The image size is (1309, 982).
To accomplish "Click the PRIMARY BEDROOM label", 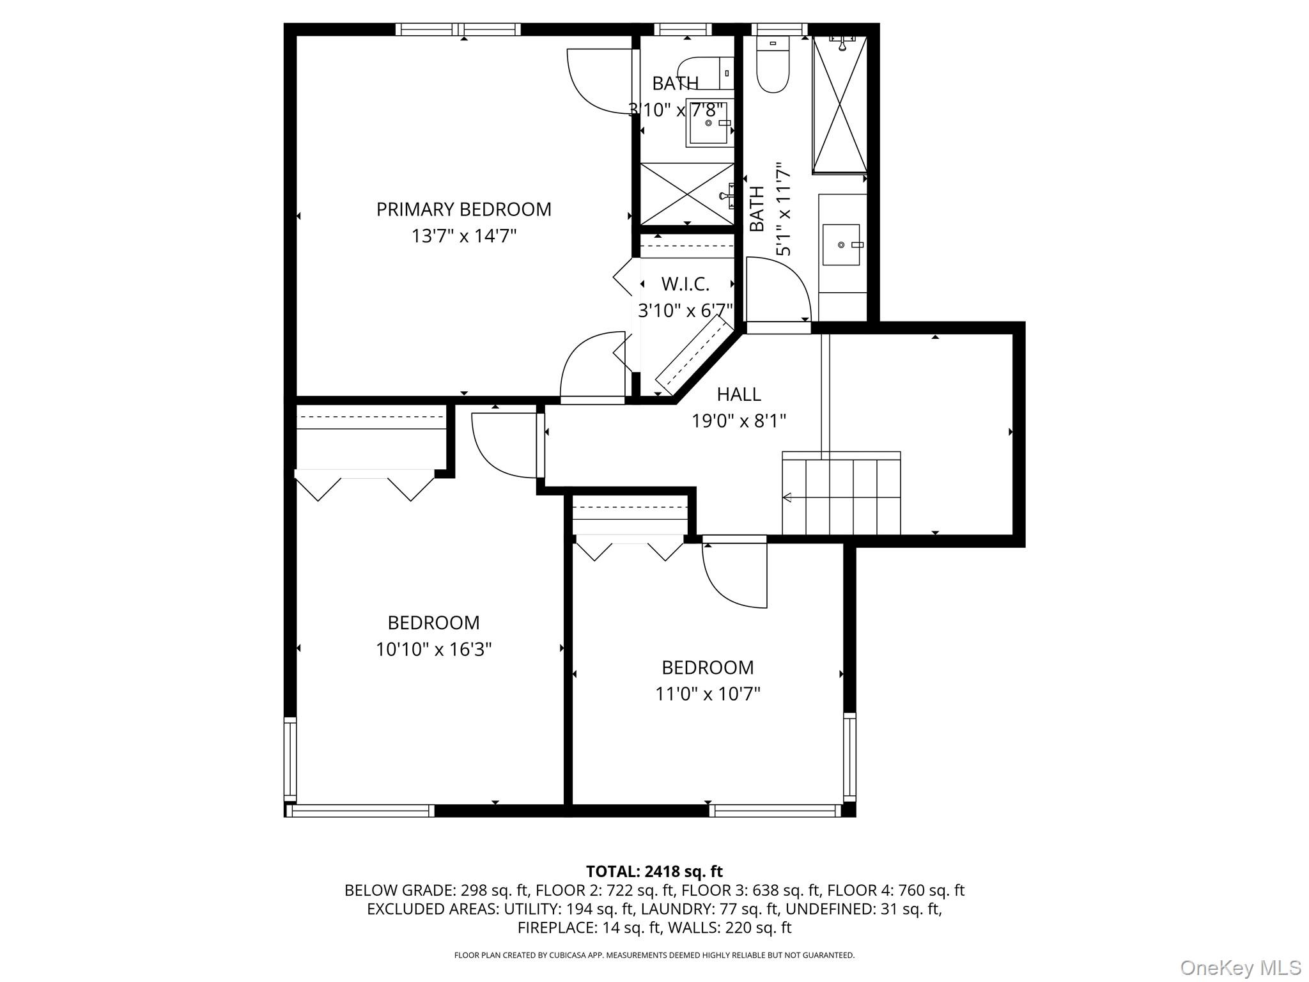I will click(x=463, y=210).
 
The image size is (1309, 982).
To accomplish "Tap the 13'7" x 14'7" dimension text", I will click(x=463, y=237).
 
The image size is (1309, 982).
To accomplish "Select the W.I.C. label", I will click(x=685, y=284).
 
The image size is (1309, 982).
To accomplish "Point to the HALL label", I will click(x=738, y=394).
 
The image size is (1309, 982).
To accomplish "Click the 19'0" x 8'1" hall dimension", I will click(x=738, y=421).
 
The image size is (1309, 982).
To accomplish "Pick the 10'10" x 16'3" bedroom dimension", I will click(x=433, y=650).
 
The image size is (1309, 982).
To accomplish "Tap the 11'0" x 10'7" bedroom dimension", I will click(x=708, y=694).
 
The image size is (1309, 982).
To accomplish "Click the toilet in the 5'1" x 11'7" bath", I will click(x=773, y=66).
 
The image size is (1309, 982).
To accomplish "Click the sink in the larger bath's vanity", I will click(x=841, y=245).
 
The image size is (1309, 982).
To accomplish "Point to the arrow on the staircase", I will click(x=787, y=497).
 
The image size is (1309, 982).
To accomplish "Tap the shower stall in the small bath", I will click(x=687, y=194).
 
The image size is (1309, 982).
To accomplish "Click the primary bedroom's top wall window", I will click(x=458, y=29).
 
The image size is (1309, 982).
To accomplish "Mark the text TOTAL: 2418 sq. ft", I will click(x=654, y=871).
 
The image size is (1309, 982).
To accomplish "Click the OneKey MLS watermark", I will click(x=1240, y=968).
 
